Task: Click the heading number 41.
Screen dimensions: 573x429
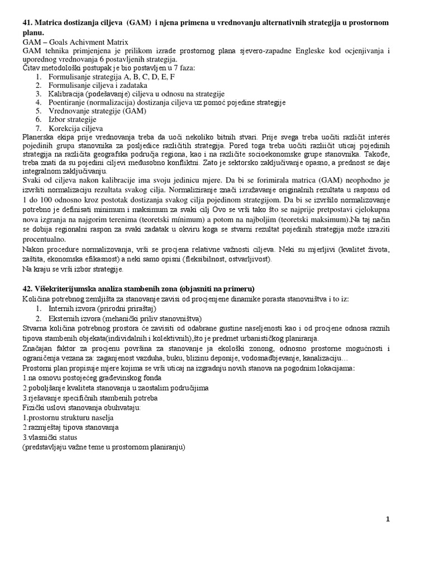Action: [x=28, y=22]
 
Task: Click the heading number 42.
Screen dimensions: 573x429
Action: [x=28, y=289]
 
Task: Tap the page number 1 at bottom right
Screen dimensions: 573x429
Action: [x=388, y=519]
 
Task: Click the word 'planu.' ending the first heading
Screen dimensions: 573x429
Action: [x=34, y=32]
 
